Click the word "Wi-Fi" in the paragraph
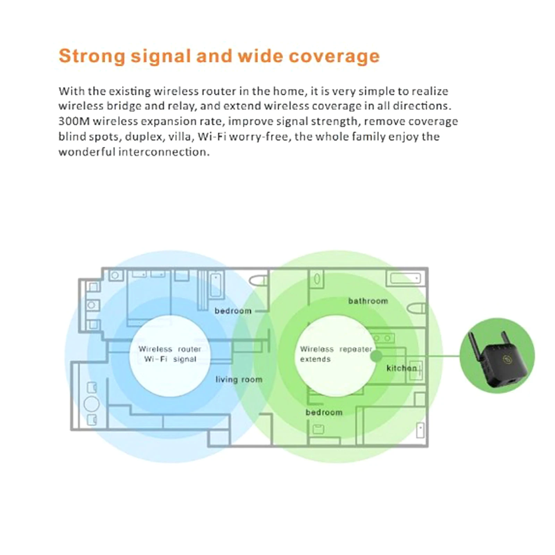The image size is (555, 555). tap(212, 137)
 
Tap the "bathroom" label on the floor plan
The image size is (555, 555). tap(368, 301)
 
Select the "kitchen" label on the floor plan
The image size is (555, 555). tap(401, 368)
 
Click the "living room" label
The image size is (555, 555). tap(239, 379)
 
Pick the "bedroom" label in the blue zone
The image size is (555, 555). tap(233, 311)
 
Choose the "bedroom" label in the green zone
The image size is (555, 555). tap(324, 412)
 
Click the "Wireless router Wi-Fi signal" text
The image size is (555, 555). tap(170, 354)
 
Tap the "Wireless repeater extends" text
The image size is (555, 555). tap(335, 354)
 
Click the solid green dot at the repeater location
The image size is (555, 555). tap(376, 356)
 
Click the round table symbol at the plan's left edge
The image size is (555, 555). tap(92, 404)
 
